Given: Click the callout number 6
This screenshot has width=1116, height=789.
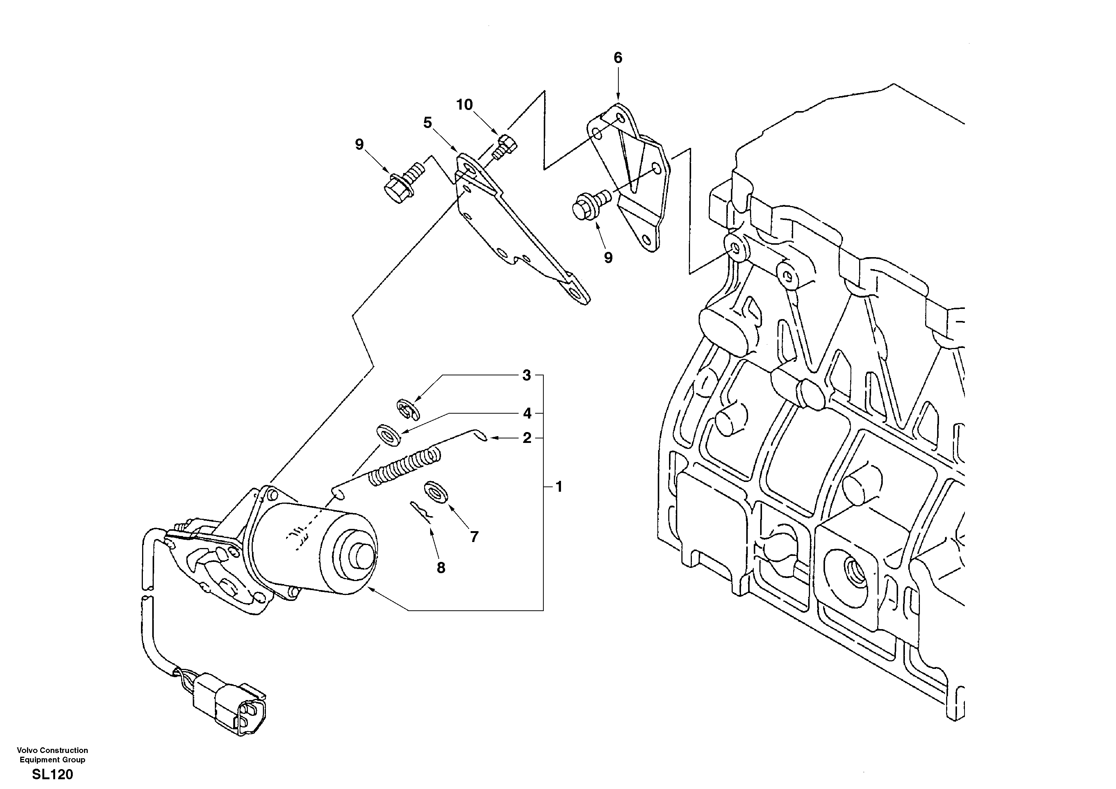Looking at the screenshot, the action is coord(617,58).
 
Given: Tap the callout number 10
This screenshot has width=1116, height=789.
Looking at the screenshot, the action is coord(464,105).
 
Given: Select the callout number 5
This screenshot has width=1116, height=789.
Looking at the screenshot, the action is coord(427,123).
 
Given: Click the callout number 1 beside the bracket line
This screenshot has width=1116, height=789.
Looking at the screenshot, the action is coord(559,486).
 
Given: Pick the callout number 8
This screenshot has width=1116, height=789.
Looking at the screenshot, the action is coord(441,568).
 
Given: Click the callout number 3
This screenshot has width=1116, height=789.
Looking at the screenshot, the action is coord(526,375).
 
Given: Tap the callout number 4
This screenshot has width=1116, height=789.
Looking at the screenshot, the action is coord(527,414).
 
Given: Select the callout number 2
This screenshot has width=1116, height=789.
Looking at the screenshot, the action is coord(527,438).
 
